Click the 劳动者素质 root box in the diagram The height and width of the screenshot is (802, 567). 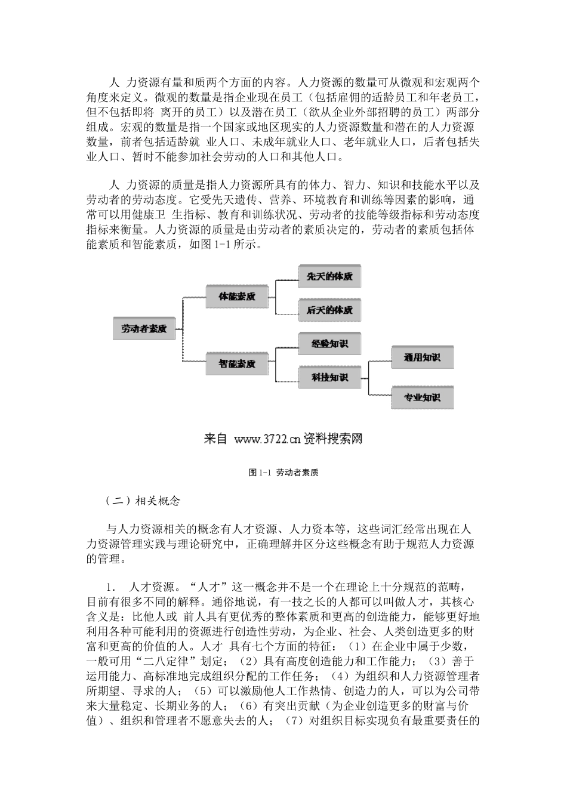pos(144,329)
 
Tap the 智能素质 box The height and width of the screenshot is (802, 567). pos(237,363)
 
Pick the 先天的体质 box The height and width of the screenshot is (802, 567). pos(329,277)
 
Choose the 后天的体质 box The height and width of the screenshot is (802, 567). pos(329,310)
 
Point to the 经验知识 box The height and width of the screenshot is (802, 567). pos(329,344)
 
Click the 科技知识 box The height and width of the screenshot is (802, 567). pos(329,378)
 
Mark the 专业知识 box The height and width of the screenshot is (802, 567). pos(422,397)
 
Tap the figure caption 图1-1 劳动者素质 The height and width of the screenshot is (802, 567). pos(283,472)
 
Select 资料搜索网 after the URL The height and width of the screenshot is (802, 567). pos(333,440)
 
